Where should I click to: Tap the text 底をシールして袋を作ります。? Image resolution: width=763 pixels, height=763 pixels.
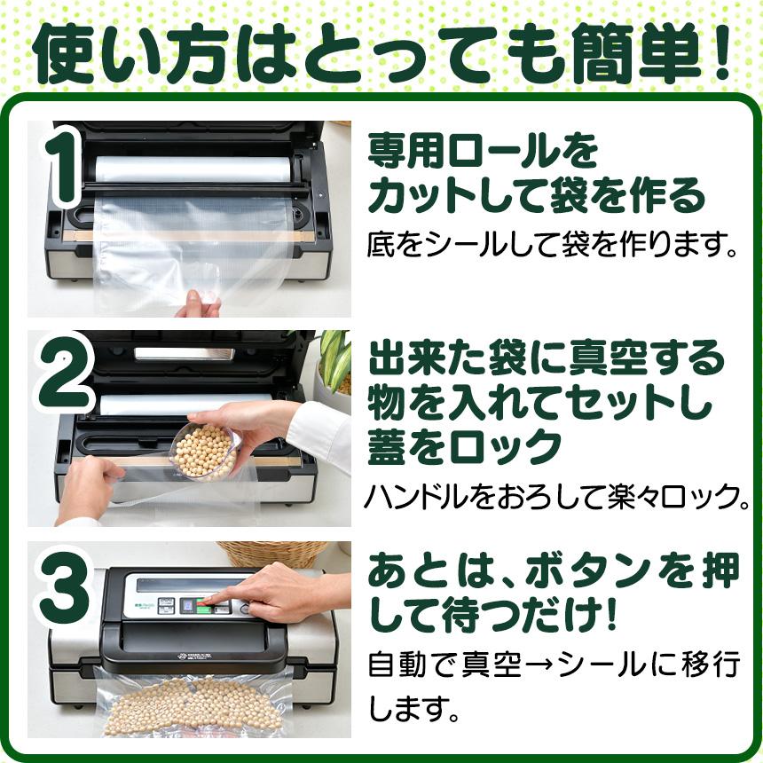[554, 244]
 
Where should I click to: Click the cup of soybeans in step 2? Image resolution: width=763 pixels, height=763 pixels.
[202, 451]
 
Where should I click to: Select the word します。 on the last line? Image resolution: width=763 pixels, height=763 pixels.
[413, 710]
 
